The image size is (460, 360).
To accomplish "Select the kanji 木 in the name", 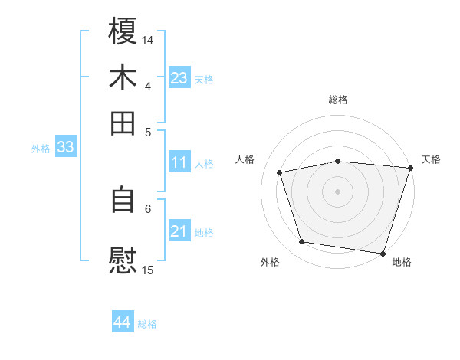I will [x=123, y=77].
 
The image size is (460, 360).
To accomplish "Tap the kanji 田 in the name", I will [x=123, y=123].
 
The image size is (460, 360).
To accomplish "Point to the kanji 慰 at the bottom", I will [x=123, y=260].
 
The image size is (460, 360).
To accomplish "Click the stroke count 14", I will [x=148, y=39].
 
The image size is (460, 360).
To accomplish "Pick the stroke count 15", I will [x=148, y=270].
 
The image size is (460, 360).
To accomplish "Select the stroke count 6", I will [x=148, y=208].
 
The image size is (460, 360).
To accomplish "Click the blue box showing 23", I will [x=179, y=78].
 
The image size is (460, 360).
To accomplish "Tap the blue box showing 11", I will [x=179, y=162].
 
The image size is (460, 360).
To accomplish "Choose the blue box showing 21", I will [x=179, y=232].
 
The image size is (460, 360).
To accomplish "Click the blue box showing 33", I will [x=65, y=148].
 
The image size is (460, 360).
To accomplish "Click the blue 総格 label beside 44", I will [x=147, y=324].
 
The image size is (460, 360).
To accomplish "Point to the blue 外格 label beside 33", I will [x=41, y=149].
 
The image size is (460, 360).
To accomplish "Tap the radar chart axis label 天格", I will [x=431, y=159].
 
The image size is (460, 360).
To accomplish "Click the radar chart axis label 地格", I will [x=402, y=262].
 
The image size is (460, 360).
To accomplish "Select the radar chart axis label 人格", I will [x=245, y=159].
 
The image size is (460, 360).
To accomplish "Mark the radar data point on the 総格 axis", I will [x=338, y=161].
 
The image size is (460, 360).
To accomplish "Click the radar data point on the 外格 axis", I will [x=302, y=242].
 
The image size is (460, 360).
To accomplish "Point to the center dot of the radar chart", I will [x=338, y=191].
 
